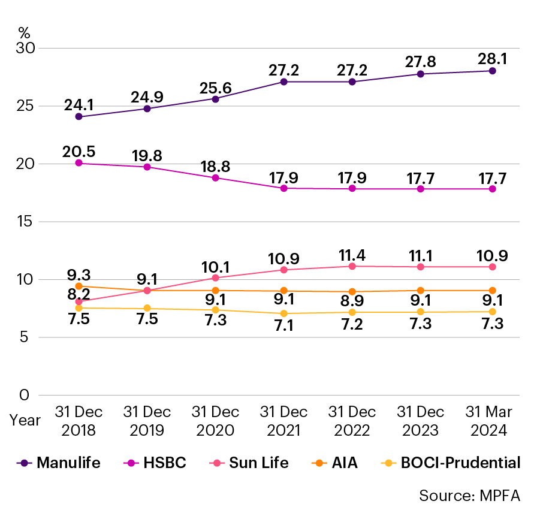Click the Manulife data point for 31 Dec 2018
(x=79, y=117)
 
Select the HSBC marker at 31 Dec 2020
(x=216, y=178)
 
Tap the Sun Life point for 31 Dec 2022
(x=352, y=266)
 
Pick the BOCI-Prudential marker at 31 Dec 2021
(x=284, y=313)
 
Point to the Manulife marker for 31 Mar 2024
(x=492, y=71)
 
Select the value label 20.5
(x=79, y=152)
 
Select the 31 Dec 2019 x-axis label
(x=147, y=421)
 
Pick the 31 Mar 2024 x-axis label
(x=489, y=421)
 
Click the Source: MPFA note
(x=469, y=496)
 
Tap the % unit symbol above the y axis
(x=24, y=33)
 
